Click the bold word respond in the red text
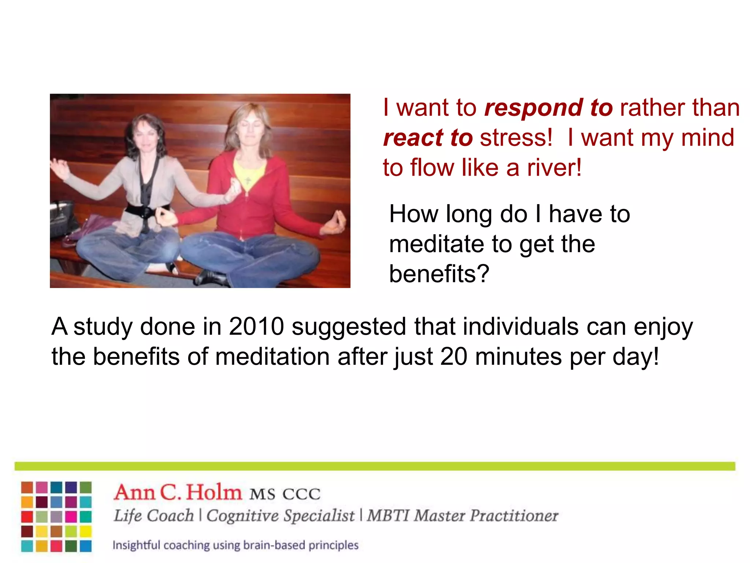point(534,108)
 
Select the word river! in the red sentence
point(554,168)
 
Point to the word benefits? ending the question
point(439,274)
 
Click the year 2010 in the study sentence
point(256,327)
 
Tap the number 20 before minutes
point(454,357)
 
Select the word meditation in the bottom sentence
point(272,357)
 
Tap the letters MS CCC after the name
point(285,494)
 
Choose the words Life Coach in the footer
point(153,516)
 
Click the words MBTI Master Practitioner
point(462,516)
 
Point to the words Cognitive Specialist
point(280,516)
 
